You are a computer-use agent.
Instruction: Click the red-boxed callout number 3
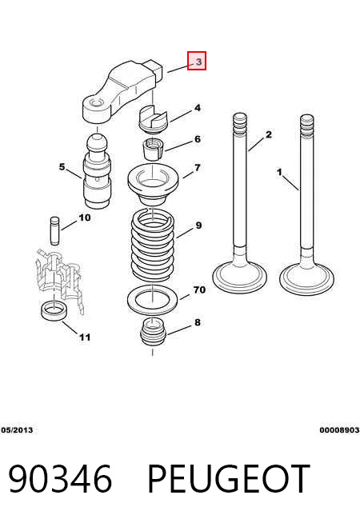(x=197, y=61)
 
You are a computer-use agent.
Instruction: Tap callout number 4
(x=198, y=108)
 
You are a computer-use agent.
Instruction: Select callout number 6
(x=198, y=139)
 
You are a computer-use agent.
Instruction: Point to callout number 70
(x=199, y=289)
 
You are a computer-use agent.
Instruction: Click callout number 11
(x=85, y=337)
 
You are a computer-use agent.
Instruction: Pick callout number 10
(x=85, y=218)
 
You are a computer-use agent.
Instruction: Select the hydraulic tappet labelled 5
(x=97, y=171)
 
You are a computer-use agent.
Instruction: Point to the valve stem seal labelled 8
(x=153, y=332)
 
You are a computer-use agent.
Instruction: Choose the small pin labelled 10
(x=54, y=231)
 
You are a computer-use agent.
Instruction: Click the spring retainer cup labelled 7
(x=153, y=185)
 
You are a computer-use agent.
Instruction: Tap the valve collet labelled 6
(x=153, y=150)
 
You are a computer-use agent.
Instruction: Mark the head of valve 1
(x=306, y=277)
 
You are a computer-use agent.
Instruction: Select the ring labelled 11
(x=54, y=310)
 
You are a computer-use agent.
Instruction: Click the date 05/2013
(x=17, y=430)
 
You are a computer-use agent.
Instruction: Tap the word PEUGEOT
(x=229, y=479)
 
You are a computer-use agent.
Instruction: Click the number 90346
(x=60, y=479)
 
